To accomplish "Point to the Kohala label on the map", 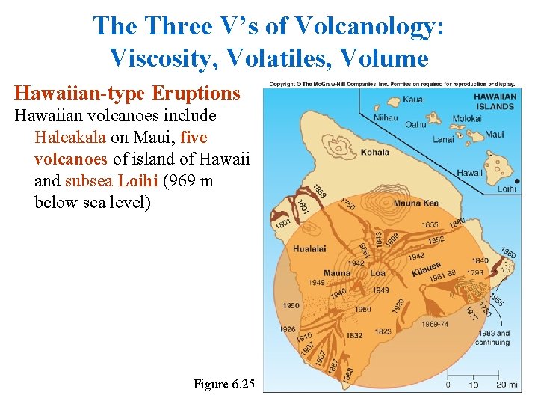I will point(375,152).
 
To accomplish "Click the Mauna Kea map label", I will point(415,203).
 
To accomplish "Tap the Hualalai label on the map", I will point(309,248).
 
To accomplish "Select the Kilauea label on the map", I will point(426,269).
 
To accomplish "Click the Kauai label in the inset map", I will point(413,100).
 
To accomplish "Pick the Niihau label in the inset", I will point(386,117).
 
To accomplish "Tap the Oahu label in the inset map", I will point(415,125).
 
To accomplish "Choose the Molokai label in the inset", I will point(468,118).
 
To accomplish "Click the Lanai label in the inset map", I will point(443,139).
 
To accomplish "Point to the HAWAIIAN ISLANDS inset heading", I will point(495,101).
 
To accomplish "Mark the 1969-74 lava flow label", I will point(435,324).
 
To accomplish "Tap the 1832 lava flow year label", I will point(354,335).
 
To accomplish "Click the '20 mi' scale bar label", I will point(507,385).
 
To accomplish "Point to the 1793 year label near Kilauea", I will point(476,273).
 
